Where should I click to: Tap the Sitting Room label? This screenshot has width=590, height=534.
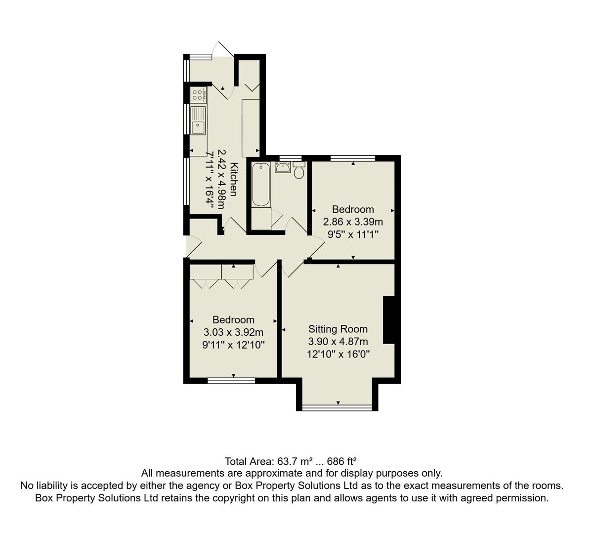tap(338, 329)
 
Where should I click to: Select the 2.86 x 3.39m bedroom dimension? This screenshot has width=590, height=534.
tap(353, 222)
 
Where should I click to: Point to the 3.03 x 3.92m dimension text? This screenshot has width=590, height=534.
tap(233, 332)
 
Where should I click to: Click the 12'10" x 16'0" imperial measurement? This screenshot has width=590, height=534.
tap(338, 354)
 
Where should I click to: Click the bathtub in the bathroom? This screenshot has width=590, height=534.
tap(261, 184)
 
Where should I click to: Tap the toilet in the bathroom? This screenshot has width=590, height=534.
tap(299, 171)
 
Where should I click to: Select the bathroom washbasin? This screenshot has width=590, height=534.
tap(283, 167)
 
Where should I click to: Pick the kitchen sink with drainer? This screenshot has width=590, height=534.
tap(198, 120)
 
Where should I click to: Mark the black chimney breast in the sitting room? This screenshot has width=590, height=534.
tap(389, 320)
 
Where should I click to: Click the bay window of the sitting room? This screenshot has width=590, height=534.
tap(337, 408)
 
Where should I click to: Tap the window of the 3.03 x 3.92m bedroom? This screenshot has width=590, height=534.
tap(231, 380)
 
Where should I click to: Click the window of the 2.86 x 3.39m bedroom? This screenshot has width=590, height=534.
tap(353, 158)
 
